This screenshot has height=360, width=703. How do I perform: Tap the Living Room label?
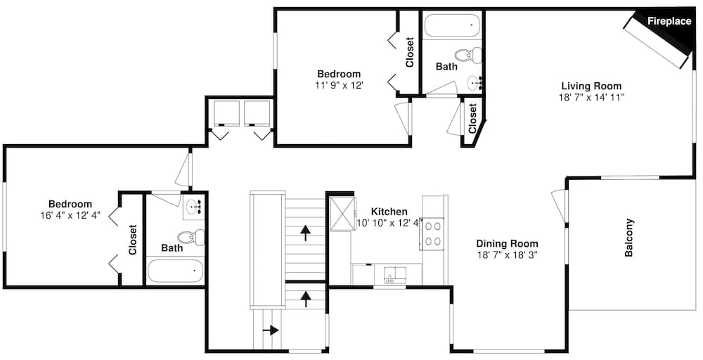(591, 86)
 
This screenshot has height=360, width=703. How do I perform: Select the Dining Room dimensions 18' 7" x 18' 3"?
(507, 255)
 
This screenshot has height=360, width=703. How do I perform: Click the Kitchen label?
(389, 211)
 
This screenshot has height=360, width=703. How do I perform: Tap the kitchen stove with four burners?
(432, 233)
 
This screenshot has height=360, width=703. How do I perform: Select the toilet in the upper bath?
(467, 55)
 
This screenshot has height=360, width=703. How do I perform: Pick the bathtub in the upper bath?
(452, 25)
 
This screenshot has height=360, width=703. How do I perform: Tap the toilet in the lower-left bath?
(191, 237)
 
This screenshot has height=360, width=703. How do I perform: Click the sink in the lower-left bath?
(194, 207)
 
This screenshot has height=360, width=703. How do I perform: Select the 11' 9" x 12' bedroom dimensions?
(339, 85)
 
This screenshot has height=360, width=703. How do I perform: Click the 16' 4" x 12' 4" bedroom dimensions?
(70, 215)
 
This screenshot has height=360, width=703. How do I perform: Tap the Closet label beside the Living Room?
(472, 118)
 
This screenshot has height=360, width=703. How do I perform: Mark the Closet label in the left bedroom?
(132, 239)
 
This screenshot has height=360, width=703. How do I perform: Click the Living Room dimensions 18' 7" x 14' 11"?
(591, 97)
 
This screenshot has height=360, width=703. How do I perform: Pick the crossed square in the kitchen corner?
(342, 214)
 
